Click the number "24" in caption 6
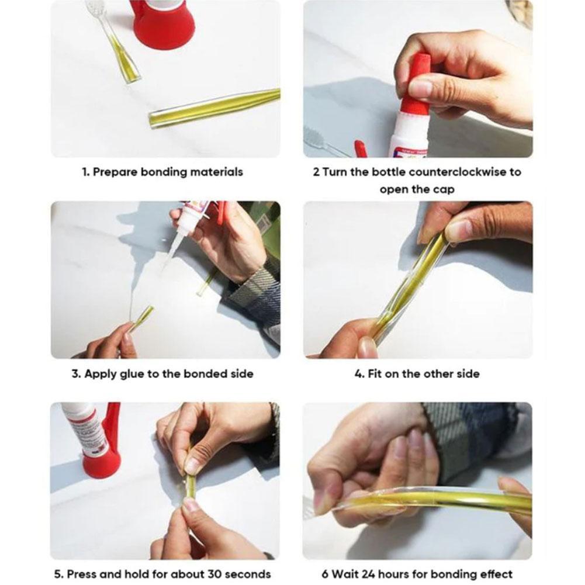coord(375,574)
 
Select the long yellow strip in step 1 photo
coord(214,108)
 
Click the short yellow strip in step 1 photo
coord(124,59)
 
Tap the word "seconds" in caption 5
coord(245,574)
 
